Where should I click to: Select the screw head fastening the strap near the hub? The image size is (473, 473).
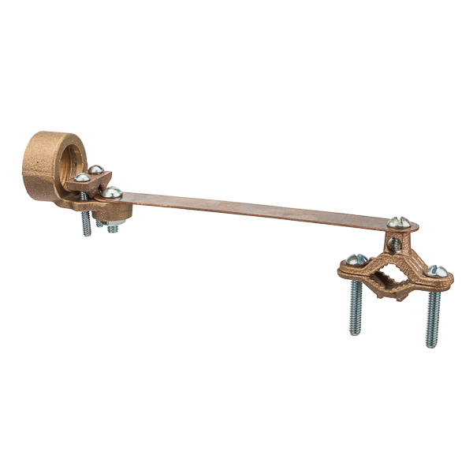112,192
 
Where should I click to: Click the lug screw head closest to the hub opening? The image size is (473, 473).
83,177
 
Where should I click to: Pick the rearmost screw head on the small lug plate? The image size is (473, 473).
95,169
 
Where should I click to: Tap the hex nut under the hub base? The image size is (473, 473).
113,228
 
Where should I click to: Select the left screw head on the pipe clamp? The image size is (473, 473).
356,259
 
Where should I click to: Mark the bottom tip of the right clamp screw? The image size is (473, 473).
431,345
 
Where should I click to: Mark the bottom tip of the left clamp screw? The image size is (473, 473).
355,333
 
